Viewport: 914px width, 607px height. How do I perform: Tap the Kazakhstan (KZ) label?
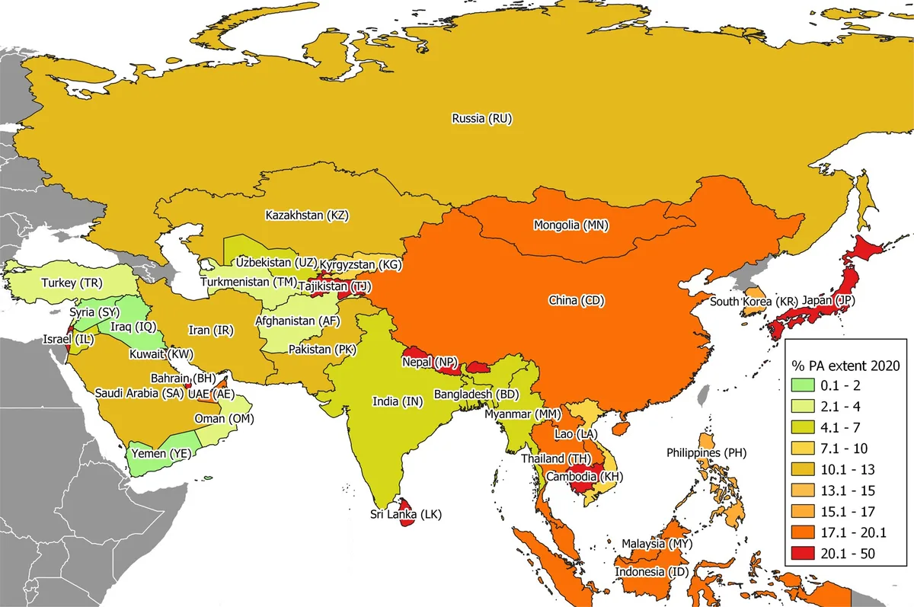click(306, 216)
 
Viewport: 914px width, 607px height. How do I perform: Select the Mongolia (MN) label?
click(571, 225)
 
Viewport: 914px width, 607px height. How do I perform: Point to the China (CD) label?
click(576, 301)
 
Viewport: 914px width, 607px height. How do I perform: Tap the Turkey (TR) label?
click(72, 283)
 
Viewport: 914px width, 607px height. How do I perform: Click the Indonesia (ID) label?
click(649, 572)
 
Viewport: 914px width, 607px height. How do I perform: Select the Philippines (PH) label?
click(706, 452)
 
